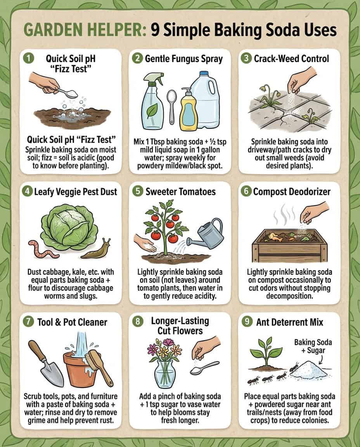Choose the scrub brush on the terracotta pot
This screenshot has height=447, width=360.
click(99, 366)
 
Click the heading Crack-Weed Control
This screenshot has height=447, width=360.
click(291, 59)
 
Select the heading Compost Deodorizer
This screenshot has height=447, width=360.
click(291, 192)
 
